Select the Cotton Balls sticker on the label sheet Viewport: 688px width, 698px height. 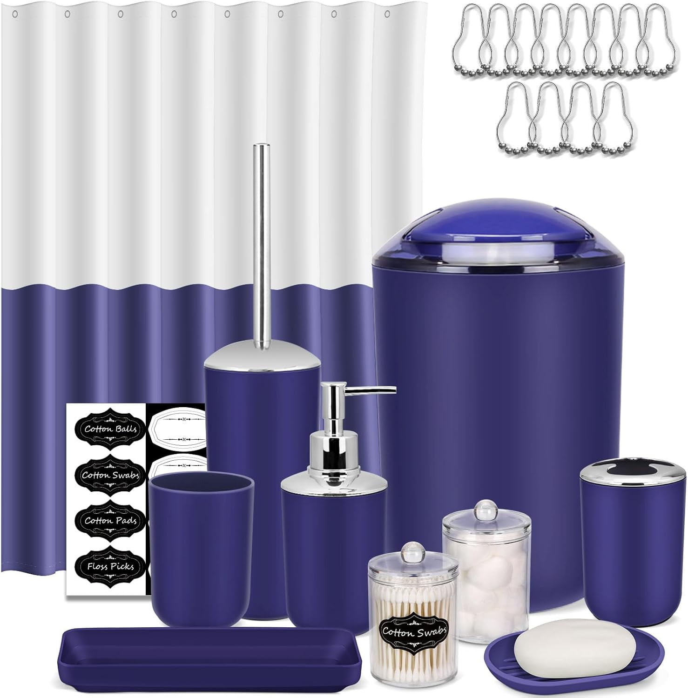[x=110, y=429]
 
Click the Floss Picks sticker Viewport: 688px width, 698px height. [x=110, y=566]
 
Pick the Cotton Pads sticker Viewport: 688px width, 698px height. [x=110, y=521]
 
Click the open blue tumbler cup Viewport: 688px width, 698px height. [x=202, y=535]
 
